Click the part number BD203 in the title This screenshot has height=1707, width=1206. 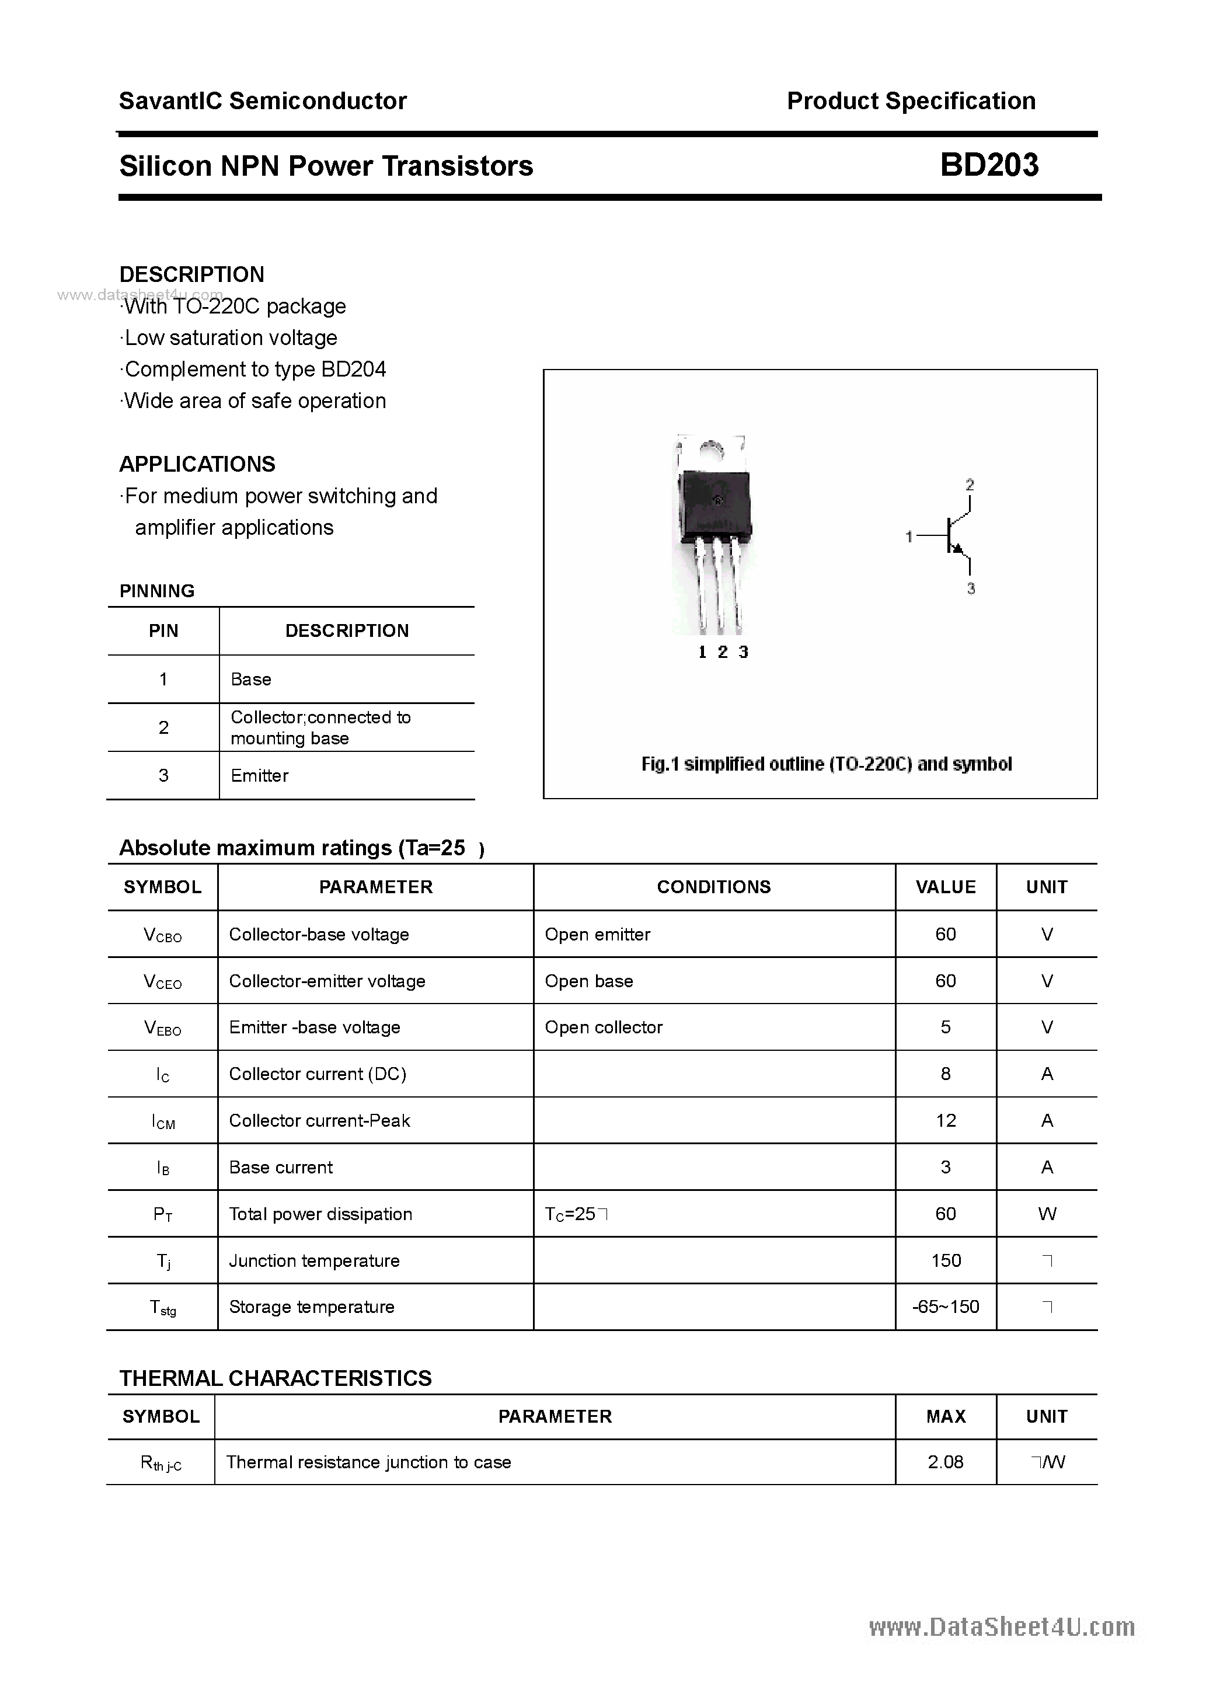tap(989, 165)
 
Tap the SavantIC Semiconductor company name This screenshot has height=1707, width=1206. tap(263, 101)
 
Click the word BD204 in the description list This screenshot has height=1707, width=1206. tap(353, 370)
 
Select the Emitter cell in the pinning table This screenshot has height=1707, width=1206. tap(260, 775)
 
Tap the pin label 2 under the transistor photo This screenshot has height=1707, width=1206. tap(722, 652)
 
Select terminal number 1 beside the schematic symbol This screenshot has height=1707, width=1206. tap(909, 536)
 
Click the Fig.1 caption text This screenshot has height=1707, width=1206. tap(826, 764)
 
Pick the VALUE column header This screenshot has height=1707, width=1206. tap(945, 887)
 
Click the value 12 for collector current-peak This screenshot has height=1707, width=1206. tap(945, 1120)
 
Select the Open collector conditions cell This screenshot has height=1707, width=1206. tap(603, 1027)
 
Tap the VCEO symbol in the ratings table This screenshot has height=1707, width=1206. tap(162, 982)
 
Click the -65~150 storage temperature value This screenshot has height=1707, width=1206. tap(945, 1307)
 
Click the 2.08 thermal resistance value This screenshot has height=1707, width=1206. tap(945, 1462)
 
